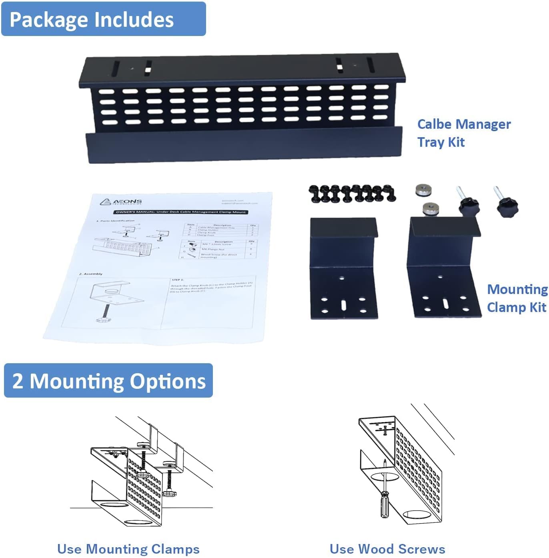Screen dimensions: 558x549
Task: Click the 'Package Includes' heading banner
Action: [x=103, y=19]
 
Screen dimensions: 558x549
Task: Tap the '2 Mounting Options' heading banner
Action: [x=108, y=381]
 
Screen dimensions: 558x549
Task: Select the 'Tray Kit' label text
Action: [x=441, y=142]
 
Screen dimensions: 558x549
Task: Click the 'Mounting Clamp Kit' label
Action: [x=517, y=298]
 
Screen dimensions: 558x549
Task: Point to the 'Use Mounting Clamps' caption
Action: [x=128, y=549]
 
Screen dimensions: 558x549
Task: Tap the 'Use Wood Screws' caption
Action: [x=387, y=549]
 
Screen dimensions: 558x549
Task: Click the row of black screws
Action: [x=352, y=193]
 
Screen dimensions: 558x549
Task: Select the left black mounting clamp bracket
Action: [x=344, y=268]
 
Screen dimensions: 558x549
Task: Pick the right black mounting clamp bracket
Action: [x=443, y=268]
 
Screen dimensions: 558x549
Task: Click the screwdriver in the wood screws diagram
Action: [x=384, y=496]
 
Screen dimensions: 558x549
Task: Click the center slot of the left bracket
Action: [x=344, y=305]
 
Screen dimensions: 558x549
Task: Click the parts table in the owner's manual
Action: [x=219, y=241]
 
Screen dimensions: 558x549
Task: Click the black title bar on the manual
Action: [x=180, y=212]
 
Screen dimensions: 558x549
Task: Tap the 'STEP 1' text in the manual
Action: [x=177, y=280]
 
